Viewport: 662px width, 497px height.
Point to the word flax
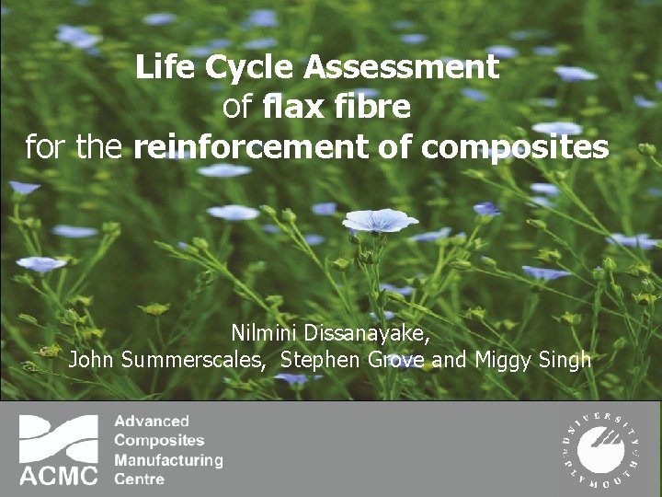coord(293,108)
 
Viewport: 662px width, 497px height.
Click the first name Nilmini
coord(268,332)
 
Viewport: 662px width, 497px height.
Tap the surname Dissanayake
coord(372,333)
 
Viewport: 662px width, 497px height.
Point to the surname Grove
coord(395,360)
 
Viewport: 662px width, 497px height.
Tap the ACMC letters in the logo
coord(59,475)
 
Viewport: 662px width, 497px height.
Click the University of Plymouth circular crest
coord(602,449)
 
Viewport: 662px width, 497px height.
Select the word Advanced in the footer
coord(152,422)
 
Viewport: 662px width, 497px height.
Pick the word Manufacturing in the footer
coord(168,459)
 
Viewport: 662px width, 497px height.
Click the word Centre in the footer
coord(140,479)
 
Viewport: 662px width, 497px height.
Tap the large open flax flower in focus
coord(380,221)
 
